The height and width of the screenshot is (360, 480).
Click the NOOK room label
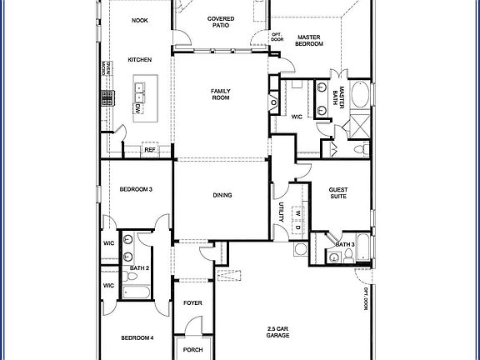(x=139, y=21)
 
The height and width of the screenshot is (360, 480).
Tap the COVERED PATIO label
(x=221, y=21)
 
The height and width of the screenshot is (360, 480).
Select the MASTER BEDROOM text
(x=310, y=42)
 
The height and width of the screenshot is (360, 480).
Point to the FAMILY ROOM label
(x=221, y=95)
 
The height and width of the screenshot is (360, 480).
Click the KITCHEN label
(x=139, y=60)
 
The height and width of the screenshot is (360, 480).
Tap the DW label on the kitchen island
(x=137, y=108)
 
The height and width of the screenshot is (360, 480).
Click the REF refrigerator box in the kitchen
(x=150, y=150)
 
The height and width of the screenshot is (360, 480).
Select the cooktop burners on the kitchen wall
(x=107, y=97)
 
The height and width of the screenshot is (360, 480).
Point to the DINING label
(x=222, y=196)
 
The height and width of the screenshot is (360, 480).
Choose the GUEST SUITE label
(x=338, y=194)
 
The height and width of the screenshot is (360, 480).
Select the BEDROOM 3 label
(x=135, y=190)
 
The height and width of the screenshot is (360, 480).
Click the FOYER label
(x=193, y=302)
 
